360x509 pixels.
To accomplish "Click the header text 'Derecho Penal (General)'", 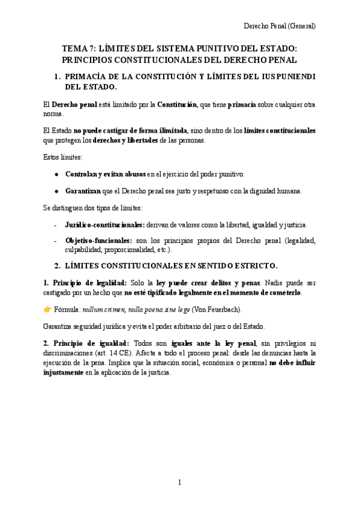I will coord(279,26).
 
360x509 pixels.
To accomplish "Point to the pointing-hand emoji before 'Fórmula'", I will coord(48,310).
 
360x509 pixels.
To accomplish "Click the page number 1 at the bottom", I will coord(179,482).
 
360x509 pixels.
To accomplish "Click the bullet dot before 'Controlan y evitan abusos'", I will coord(56,174).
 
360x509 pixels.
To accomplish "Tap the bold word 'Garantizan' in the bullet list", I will coord(83,191).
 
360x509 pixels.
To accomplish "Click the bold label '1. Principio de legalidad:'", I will coord(80,283).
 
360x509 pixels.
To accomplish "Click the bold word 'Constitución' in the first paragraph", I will coord(177,104).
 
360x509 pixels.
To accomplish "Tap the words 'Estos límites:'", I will coord(63,157).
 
